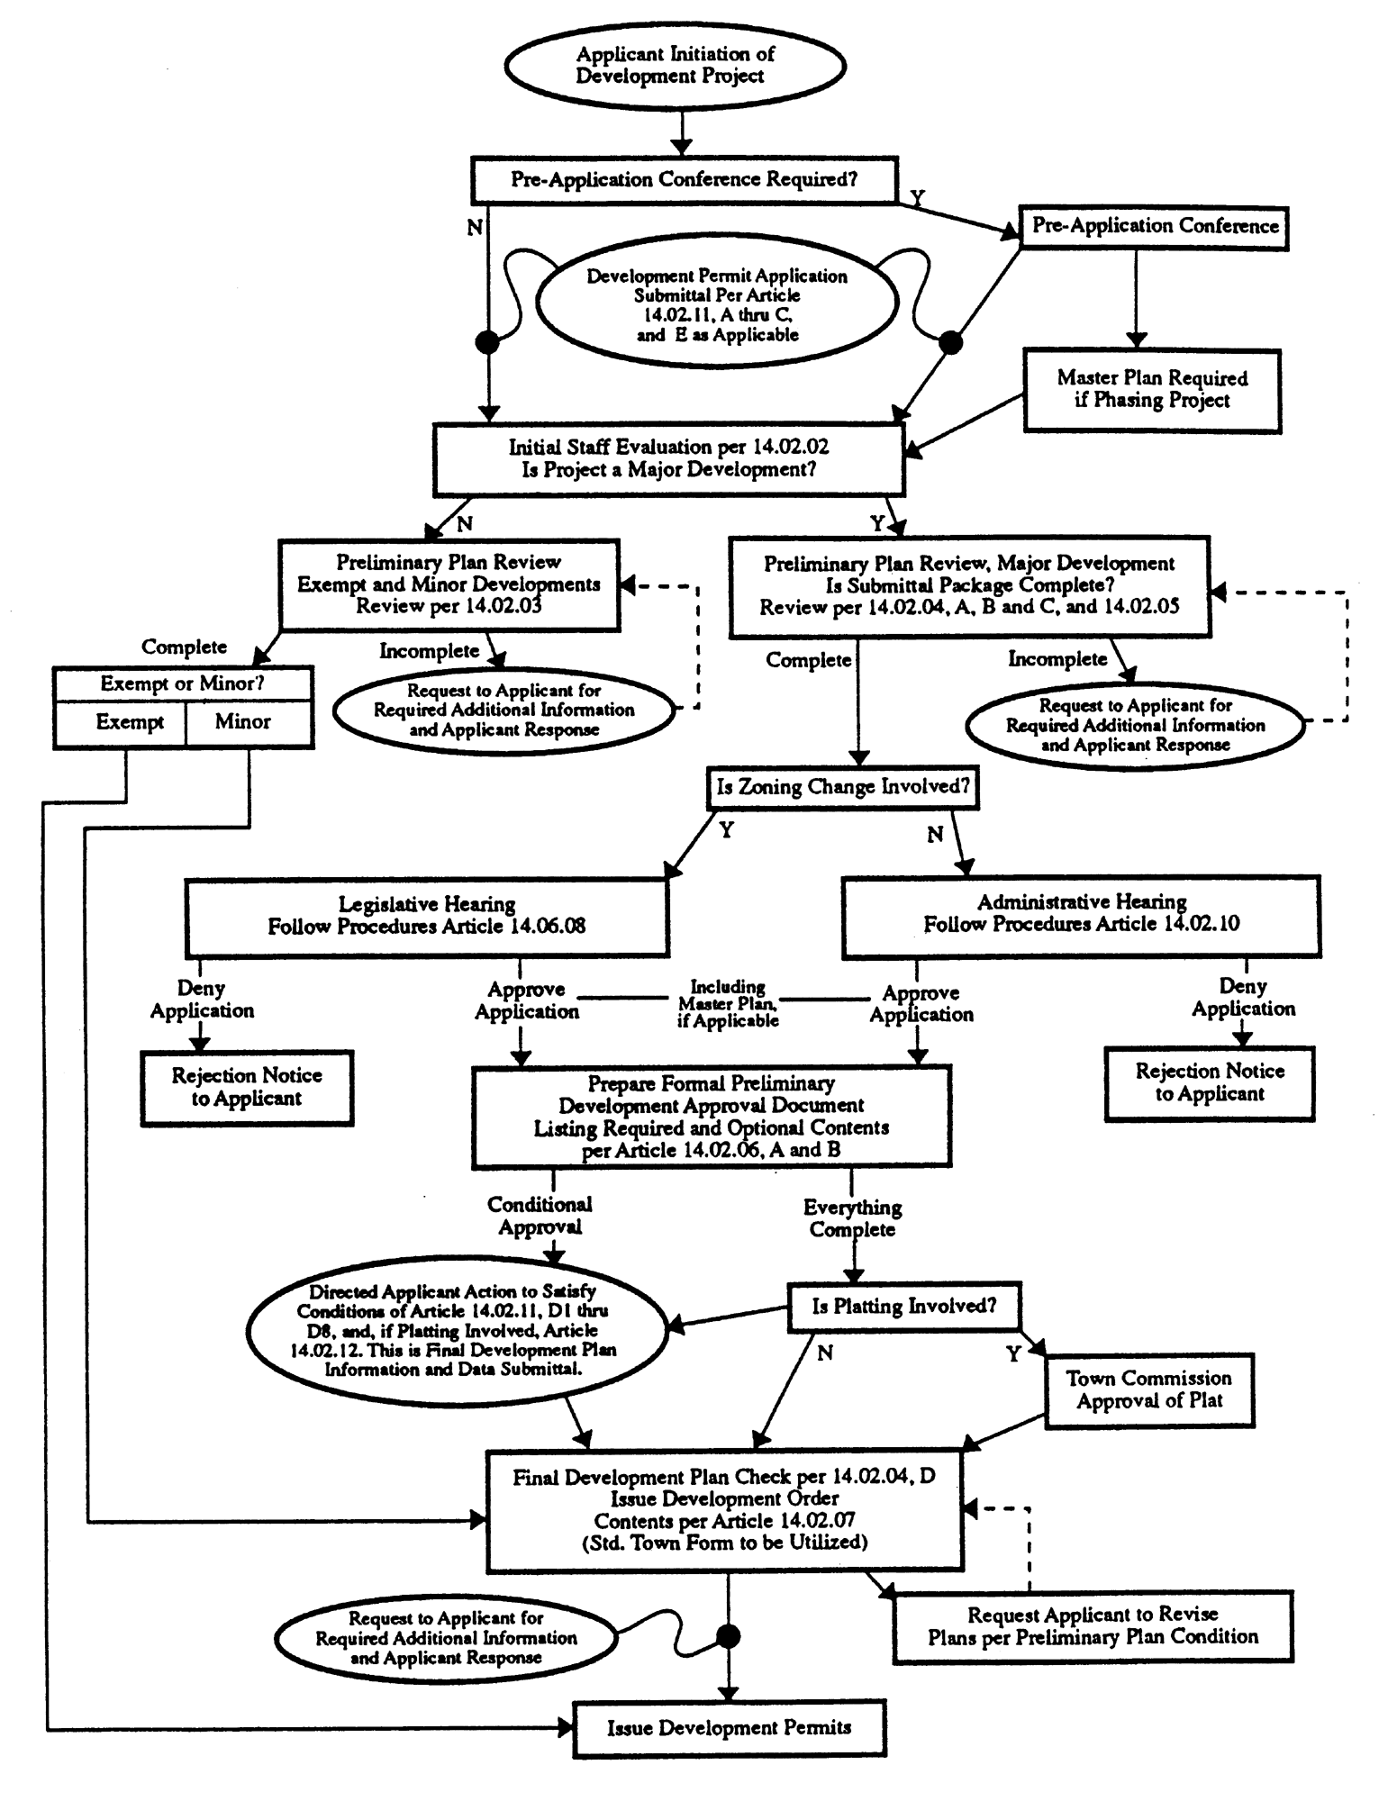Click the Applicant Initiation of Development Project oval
674,66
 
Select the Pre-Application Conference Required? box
685,180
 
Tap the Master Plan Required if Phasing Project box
1152,390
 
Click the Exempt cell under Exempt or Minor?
130,723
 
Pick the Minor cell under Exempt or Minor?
243,723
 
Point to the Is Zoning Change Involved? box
842,788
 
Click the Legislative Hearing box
427,917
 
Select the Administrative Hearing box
1081,914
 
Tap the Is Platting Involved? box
904,1307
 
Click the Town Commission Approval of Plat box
1149,1389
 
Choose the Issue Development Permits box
729,1728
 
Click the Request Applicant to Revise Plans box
1093,1626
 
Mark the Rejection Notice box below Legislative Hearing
247,1087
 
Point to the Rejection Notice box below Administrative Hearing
1210,1083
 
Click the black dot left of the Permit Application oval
487,342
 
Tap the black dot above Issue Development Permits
728,1636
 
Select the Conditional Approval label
540,1216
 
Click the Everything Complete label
852,1218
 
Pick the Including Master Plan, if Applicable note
728,1003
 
